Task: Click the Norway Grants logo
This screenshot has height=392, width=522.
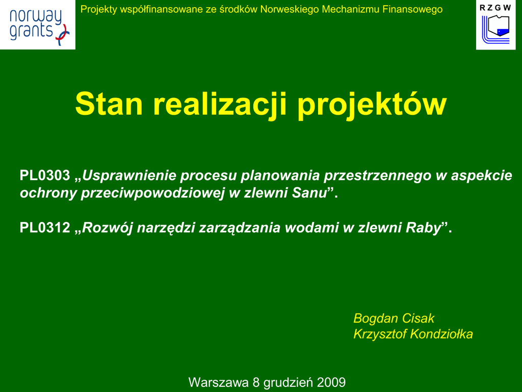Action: click(38, 24)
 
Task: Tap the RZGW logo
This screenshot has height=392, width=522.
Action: click(495, 25)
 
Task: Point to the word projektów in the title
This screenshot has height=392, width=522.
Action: click(372, 104)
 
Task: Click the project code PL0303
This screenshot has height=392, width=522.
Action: click(45, 176)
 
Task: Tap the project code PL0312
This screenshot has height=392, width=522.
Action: click(45, 228)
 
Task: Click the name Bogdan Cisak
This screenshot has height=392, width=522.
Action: click(394, 318)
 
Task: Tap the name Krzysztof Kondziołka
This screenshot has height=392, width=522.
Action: click(413, 334)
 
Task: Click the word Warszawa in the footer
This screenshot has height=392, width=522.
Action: click(219, 382)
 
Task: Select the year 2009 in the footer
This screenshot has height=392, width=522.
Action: click(331, 382)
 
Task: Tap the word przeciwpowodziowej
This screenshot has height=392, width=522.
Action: click(153, 193)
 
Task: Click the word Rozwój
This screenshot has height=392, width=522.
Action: click(108, 228)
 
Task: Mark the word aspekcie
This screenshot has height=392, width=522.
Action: click(481, 176)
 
